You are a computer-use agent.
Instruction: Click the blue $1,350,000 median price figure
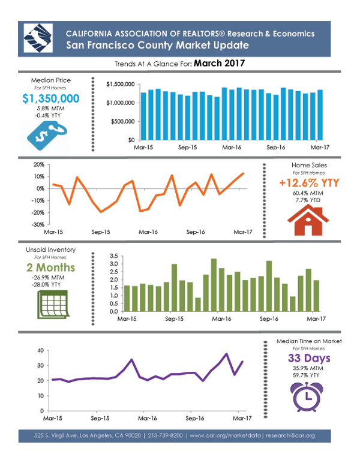[x=51, y=99]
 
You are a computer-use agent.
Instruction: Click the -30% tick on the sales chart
[x=37, y=224]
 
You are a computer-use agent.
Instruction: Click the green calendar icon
[x=50, y=305]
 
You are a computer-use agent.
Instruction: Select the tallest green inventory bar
[x=214, y=285]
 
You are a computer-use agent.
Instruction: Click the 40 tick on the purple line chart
[x=40, y=350]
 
